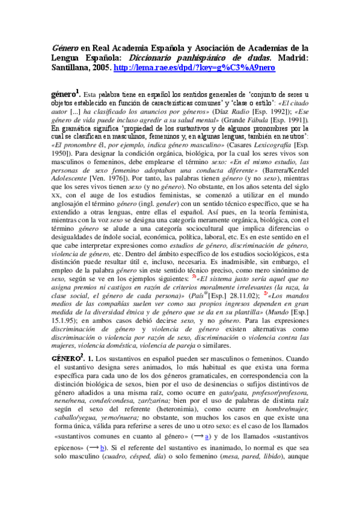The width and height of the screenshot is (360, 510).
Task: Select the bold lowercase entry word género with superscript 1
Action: [x=66, y=94]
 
